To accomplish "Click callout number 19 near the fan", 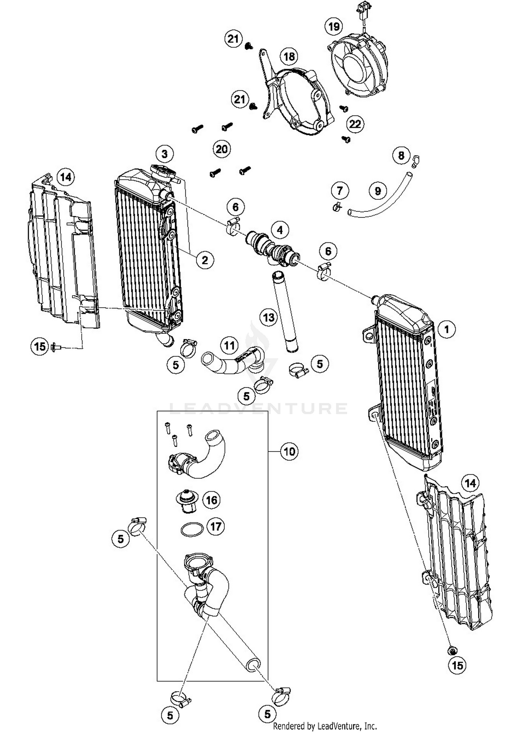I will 334,27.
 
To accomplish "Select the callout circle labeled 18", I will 289,56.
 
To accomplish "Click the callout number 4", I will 280,230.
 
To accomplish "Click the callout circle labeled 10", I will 289,451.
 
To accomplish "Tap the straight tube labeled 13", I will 285,312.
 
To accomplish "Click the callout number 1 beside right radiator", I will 447,329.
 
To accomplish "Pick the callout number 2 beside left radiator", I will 205,260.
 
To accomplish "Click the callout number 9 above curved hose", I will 377,191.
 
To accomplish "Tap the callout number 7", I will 340,190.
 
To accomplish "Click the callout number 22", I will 355,124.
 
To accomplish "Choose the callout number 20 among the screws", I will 221,149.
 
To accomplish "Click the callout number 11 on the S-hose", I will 230,345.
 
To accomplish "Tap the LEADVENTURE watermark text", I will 258,408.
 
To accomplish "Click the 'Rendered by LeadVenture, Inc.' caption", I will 325,726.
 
